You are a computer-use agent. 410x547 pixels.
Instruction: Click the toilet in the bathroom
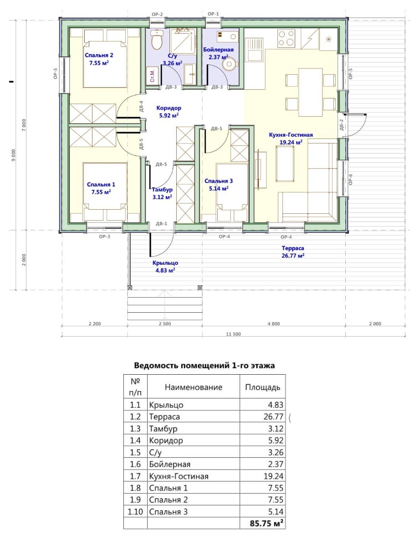pyautogui.click(x=157, y=39)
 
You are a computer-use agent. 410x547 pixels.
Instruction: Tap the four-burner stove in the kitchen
pyautogui.click(x=286, y=38)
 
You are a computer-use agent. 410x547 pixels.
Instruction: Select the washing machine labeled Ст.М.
pyautogui.click(x=152, y=75)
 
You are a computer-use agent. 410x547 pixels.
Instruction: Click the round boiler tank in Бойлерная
pyautogui.click(x=229, y=64)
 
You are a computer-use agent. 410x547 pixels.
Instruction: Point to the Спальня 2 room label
pyautogui.click(x=99, y=59)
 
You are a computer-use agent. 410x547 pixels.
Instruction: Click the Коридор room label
pyautogui.click(x=169, y=112)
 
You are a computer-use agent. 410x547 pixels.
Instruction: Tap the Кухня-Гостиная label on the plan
pyautogui.click(x=291, y=139)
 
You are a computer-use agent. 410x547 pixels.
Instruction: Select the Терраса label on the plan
pyautogui.click(x=293, y=252)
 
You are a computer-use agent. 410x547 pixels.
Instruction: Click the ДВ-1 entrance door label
pyautogui.click(x=162, y=224)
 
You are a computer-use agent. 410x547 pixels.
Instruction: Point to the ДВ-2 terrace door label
pyautogui.click(x=341, y=125)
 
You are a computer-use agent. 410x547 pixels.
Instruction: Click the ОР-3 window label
pyautogui.click(x=105, y=237)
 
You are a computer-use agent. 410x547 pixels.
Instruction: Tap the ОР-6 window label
pyautogui.click(x=351, y=180)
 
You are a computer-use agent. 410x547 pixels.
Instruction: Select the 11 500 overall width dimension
pyautogui.click(x=233, y=334)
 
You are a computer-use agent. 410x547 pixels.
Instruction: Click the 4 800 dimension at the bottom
pyautogui.click(x=274, y=324)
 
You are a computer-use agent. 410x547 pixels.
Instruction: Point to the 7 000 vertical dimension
pyautogui.click(x=24, y=125)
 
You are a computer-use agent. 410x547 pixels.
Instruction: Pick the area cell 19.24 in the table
pyautogui.click(x=273, y=476)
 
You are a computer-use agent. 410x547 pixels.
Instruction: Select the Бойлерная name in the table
pyautogui.click(x=170, y=464)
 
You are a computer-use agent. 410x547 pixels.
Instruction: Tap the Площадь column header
pyautogui.click(x=263, y=387)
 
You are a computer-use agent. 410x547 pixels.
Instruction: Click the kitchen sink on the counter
pyautogui.click(x=254, y=49)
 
